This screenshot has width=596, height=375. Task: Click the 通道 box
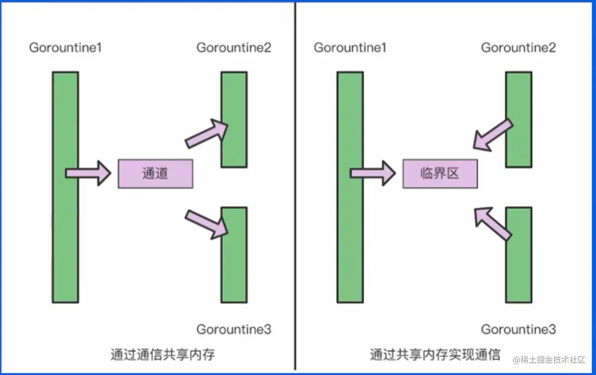coord(155,173)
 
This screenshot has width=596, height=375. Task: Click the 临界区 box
coord(440,173)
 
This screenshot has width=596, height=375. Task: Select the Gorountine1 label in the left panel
coord(66,48)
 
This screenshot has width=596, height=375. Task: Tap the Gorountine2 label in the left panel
coord(234,48)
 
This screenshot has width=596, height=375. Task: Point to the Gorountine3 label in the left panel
coord(234,329)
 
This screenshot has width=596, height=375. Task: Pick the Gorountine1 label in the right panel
coord(350,48)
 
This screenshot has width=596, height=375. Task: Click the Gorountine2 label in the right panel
coord(518,48)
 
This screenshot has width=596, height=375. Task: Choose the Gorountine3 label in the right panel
coord(518,329)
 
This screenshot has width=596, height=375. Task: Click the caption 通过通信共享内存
coord(163,354)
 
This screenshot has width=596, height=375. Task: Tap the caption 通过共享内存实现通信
coord(435,354)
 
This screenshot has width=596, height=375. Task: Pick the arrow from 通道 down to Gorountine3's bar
coord(206,224)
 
